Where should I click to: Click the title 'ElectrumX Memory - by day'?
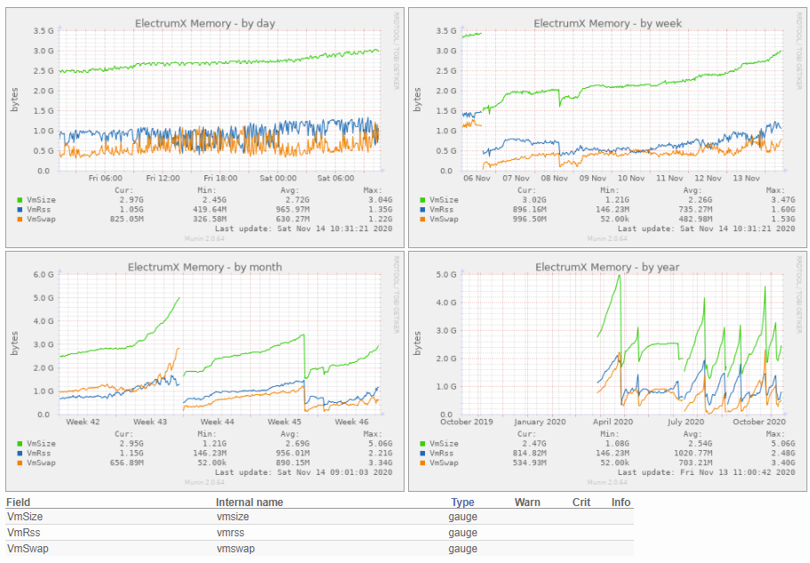[205, 23]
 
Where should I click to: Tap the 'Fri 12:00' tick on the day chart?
[163, 178]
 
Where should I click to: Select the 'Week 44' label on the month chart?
[217, 422]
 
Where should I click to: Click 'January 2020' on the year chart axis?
[540, 422]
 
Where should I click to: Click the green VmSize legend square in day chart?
[20, 200]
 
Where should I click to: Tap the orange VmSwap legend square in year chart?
[422, 462]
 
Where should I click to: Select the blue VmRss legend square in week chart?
[422, 209]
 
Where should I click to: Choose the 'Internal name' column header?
[249, 503]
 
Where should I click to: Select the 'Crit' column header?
[581, 503]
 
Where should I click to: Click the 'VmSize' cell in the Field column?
[25, 517]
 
